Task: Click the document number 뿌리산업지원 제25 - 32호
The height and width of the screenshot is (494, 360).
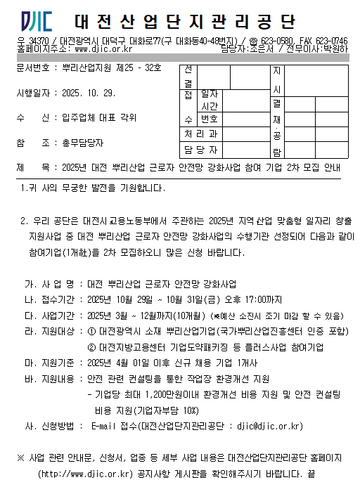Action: (x=111, y=70)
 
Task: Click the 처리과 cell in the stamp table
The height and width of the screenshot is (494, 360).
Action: (x=201, y=134)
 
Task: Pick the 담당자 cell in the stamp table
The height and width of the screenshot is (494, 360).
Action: (x=201, y=150)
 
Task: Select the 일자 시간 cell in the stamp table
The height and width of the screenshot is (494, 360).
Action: (x=210, y=99)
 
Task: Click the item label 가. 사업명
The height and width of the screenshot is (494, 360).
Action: (x=49, y=285)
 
